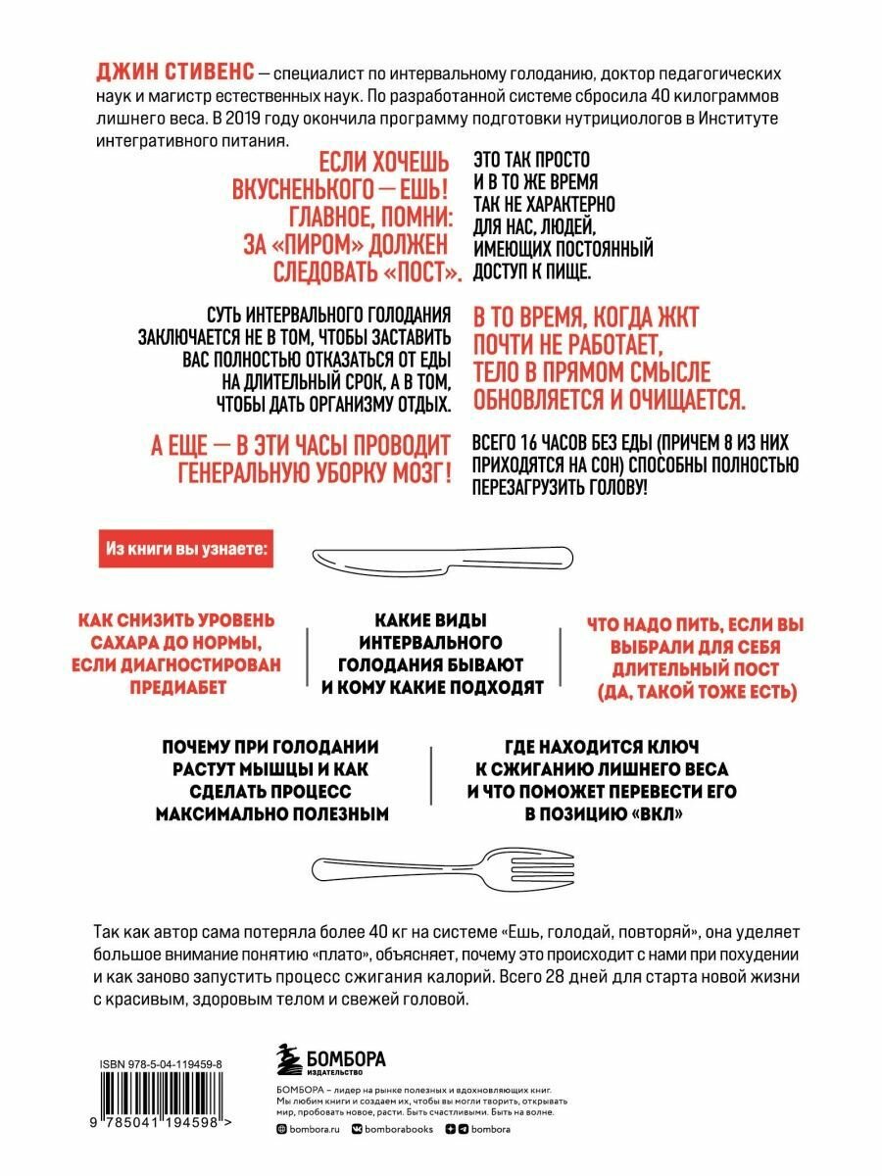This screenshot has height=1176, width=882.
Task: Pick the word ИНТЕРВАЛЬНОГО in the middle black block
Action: [432, 642]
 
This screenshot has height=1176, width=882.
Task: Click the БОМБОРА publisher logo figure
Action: [287, 1059]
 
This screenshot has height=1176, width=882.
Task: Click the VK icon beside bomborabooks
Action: [358, 1129]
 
